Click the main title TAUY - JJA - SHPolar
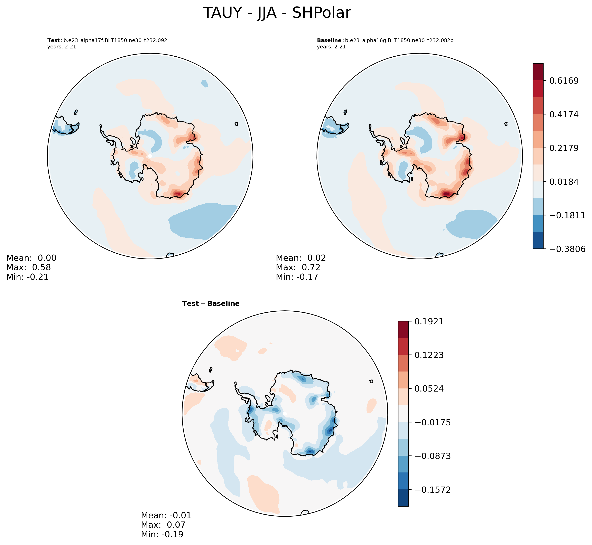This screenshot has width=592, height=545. [277, 13]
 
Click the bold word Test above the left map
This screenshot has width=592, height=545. [53, 40]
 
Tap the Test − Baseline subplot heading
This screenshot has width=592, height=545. [211, 303]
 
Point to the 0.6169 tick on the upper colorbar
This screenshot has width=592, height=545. [564, 81]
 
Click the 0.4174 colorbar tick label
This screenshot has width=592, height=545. [564, 114]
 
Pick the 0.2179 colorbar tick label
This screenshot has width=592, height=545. [564, 148]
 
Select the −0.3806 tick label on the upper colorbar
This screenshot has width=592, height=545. [567, 249]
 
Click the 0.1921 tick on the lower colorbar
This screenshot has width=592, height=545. [429, 321]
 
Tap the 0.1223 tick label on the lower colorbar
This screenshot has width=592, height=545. [429, 355]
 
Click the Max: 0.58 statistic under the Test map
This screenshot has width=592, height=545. [28, 267]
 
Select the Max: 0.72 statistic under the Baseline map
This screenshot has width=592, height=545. [298, 267]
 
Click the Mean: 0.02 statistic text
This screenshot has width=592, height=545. [301, 258]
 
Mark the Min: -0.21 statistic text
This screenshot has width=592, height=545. [27, 277]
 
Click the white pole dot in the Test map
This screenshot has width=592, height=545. [150, 156]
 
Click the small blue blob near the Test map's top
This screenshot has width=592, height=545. [205, 83]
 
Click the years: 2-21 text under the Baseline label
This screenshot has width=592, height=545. [331, 47]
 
